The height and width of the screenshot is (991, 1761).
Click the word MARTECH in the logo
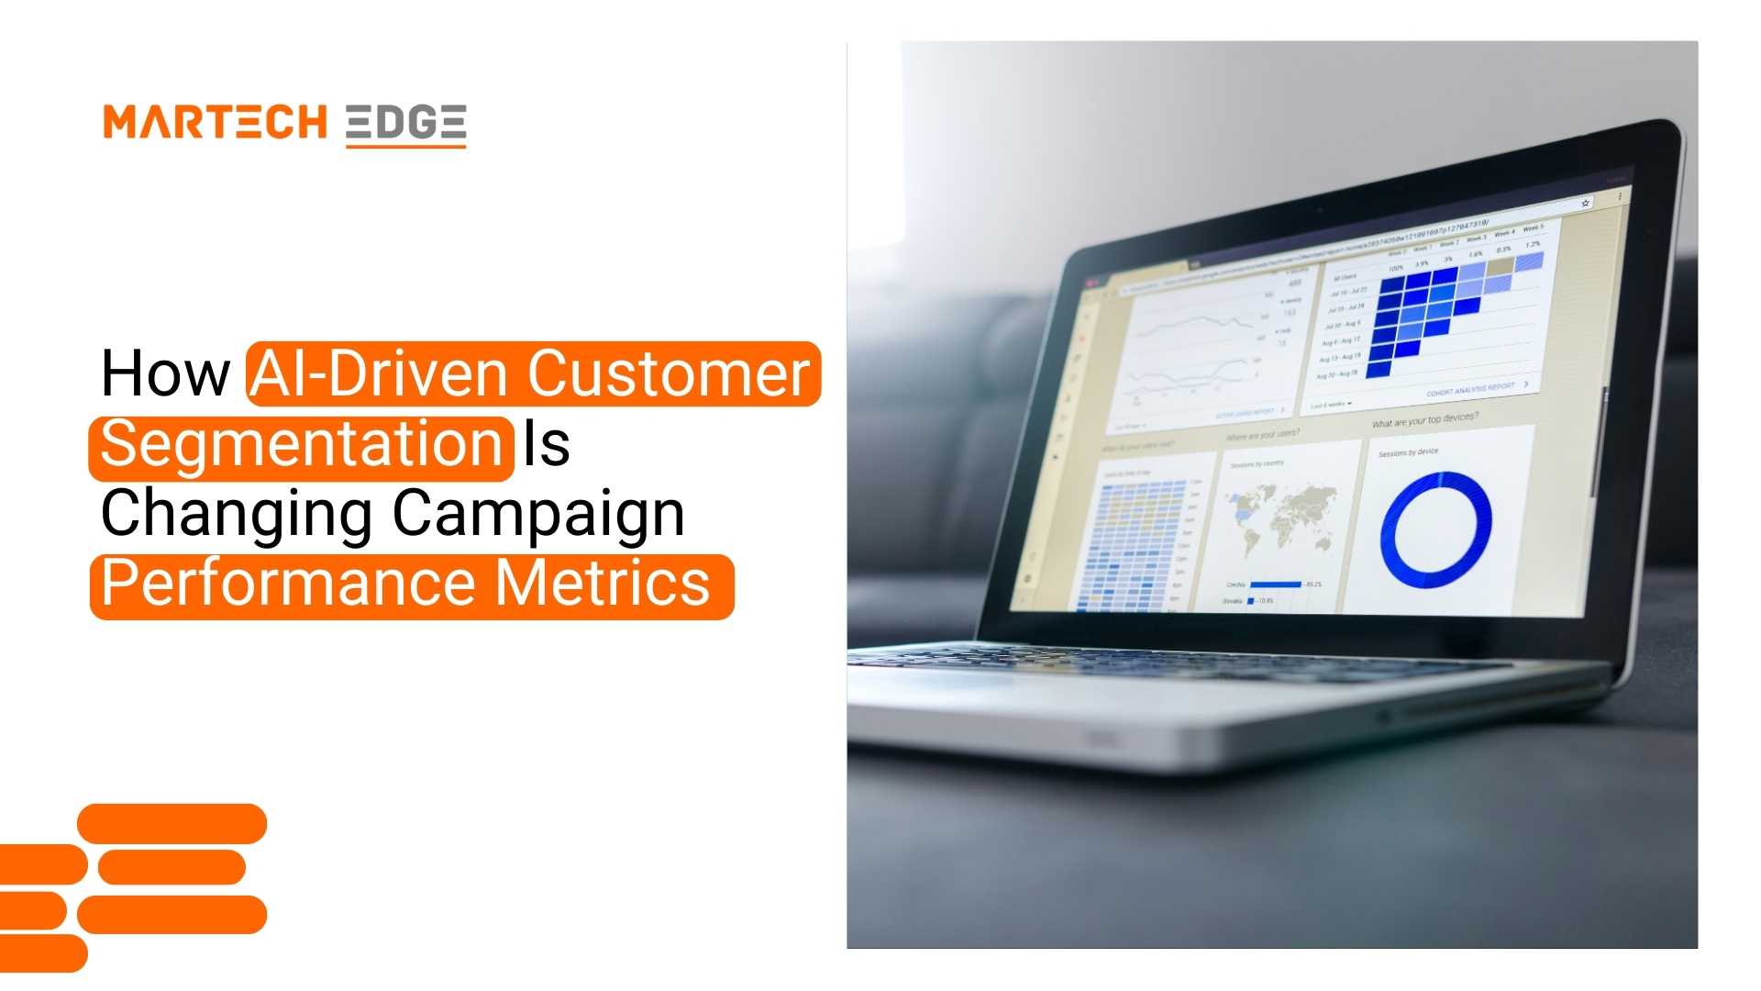[215, 122]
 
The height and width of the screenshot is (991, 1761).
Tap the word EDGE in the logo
[406, 122]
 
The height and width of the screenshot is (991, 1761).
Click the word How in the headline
[165, 373]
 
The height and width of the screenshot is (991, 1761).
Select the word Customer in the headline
[669, 373]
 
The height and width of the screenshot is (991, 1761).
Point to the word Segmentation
[301, 445]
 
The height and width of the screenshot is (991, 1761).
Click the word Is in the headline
[547, 445]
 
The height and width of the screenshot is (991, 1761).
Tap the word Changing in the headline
[236, 514]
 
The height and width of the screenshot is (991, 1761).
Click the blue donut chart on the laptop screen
[1436, 529]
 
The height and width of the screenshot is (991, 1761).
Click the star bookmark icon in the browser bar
[1585, 203]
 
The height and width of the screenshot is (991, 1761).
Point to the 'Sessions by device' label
[1409, 452]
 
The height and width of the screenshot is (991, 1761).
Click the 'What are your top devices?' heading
[1424, 420]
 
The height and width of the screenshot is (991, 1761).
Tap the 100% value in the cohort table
[1396, 268]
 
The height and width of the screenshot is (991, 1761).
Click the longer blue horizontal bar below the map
[1276, 585]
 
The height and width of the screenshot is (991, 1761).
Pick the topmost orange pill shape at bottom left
[172, 823]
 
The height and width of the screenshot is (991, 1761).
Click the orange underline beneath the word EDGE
[406, 145]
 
